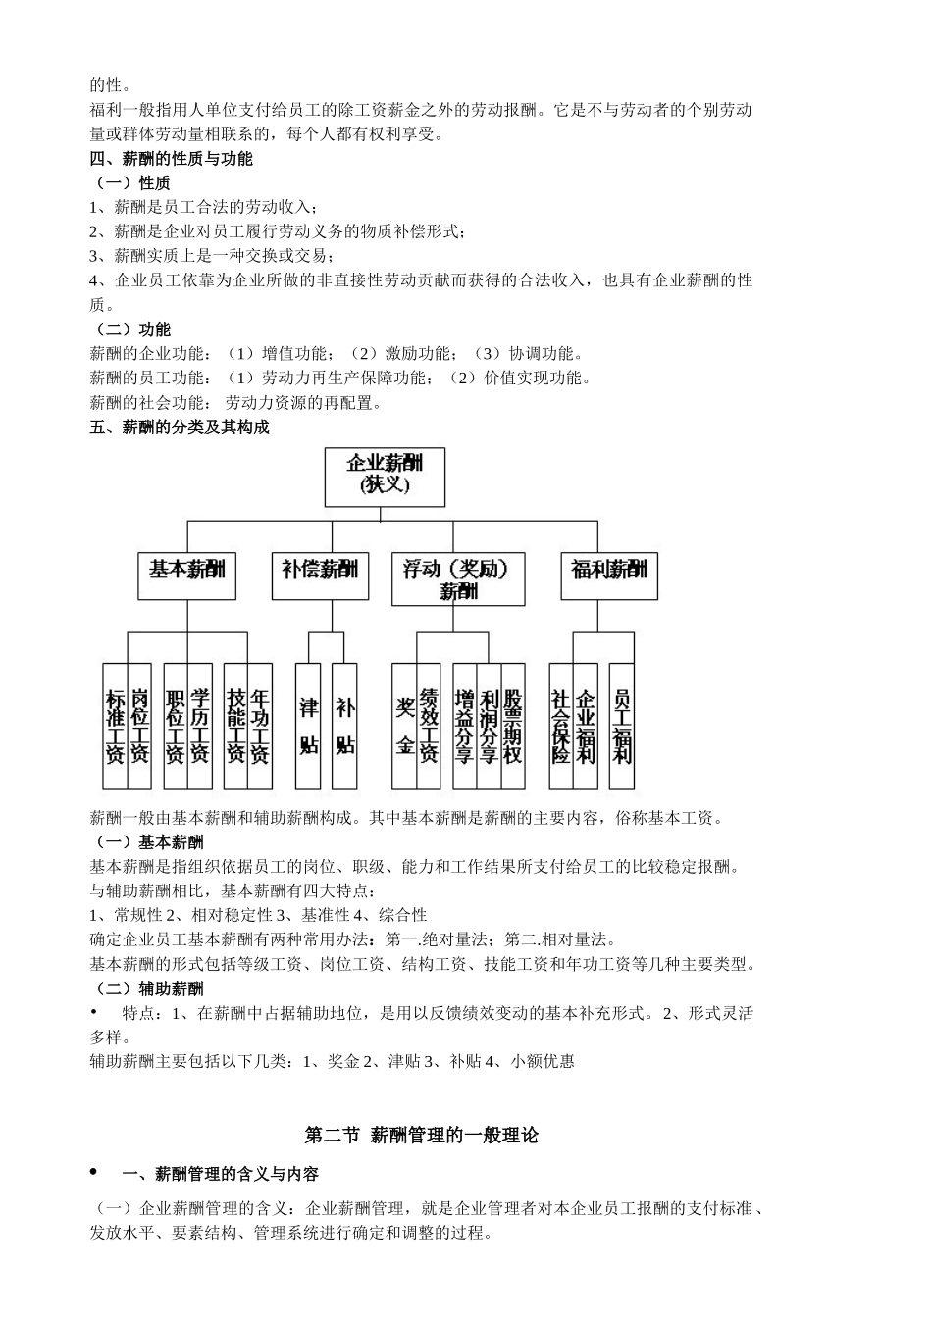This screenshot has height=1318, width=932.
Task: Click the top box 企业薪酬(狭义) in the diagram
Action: click(385, 476)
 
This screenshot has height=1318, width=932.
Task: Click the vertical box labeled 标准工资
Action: click(116, 727)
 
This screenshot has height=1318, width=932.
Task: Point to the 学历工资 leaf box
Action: click(200, 727)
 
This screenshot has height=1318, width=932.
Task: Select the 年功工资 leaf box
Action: click(260, 727)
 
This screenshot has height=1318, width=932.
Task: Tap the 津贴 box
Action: click(308, 727)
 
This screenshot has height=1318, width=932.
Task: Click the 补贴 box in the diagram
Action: click(344, 727)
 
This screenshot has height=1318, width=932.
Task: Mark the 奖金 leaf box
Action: click(404, 727)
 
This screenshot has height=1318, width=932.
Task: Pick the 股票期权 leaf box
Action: click(513, 727)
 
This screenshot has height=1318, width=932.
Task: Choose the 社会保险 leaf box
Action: click(561, 727)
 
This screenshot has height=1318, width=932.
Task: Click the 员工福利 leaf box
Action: click(622, 727)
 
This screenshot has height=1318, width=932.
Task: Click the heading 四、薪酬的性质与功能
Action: click(172, 158)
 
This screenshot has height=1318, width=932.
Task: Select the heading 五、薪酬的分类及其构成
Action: click(180, 428)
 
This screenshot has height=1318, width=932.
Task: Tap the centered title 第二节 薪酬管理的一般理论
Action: click(422, 1135)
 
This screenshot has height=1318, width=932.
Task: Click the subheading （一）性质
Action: click(130, 182)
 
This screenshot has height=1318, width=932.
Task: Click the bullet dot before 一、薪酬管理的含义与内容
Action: click(94, 1172)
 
